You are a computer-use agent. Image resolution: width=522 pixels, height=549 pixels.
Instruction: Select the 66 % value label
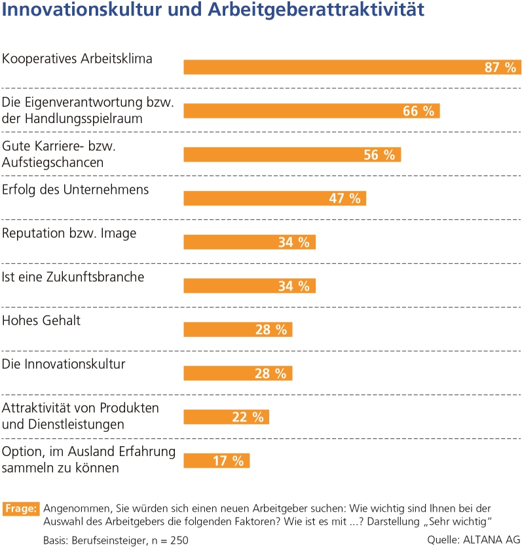click(419, 111)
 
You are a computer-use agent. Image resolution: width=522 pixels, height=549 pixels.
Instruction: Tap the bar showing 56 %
click(291, 154)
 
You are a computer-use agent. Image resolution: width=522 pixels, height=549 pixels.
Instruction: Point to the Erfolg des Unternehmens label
click(76, 190)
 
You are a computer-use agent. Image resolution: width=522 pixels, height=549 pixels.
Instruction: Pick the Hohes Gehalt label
click(41, 321)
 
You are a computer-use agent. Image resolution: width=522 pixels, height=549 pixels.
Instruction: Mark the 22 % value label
click(248, 417)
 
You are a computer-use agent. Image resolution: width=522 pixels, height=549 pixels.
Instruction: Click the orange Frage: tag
click(22, 508)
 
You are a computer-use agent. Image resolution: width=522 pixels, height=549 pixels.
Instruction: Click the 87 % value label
click(501, 67)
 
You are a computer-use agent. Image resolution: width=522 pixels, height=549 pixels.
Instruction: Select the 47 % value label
click(345, 198)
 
